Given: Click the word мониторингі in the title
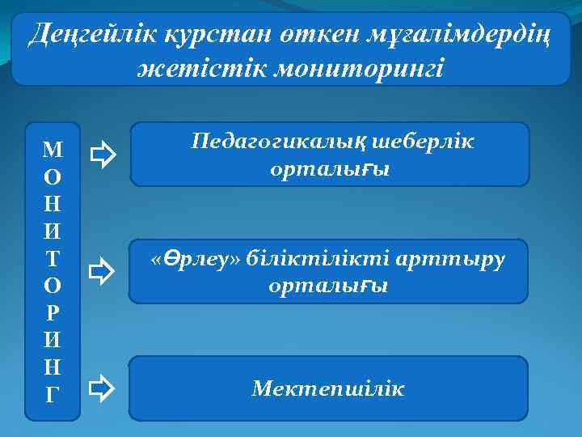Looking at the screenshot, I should pos(358,68).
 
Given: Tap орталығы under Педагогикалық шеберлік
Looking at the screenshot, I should pos(330,171).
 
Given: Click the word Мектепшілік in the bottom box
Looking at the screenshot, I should pos(328,390).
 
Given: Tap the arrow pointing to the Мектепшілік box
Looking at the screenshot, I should pos(103,388).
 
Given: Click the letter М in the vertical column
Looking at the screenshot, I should pos(53,148).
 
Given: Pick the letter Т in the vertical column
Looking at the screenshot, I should pos(53,258).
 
